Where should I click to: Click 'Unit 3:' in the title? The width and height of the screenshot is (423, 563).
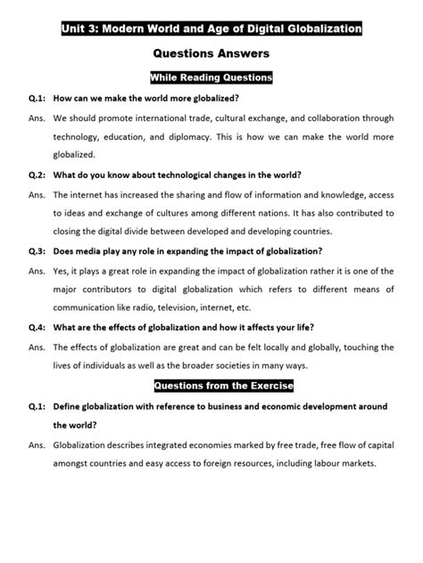pyautogui.click(x=84, y=29)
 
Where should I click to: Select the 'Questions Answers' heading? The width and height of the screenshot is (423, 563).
pyautogui.click(x=211, y=54)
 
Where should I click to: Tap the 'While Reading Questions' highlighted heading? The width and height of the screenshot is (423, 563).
pyautogui.click(x=211, y=78)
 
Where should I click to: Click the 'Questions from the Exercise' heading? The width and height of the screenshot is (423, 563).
pyautogui.click(x=211, y=386)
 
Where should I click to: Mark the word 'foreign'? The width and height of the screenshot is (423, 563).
pyautogui.click(x=230, y=464)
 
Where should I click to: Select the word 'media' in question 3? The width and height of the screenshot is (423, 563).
pyautogui.click(x=91, y=250)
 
